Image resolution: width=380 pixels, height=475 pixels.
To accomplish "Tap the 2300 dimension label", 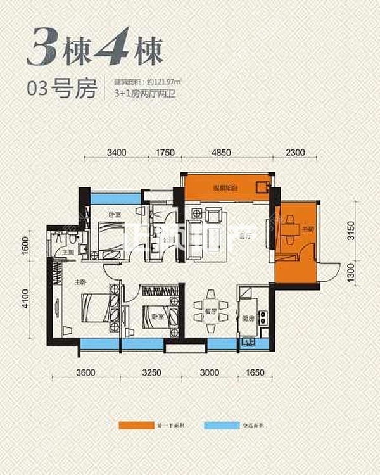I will pos(295,152).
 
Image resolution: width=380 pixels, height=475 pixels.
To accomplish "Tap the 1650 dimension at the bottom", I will pos(256,372).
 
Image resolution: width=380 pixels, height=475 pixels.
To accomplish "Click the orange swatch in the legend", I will pos(132,425).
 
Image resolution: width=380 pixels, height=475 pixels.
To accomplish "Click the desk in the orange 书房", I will pos(291,224).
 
